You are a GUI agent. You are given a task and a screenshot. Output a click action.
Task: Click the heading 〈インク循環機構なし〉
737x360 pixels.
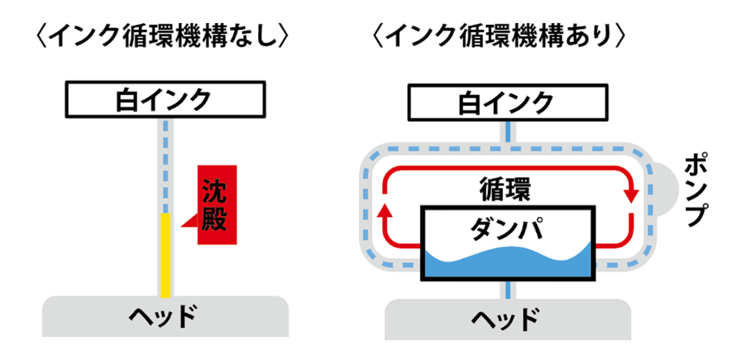(x=161, y=36)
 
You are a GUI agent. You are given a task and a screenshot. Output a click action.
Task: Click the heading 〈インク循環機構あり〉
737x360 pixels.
(x=506, y=36)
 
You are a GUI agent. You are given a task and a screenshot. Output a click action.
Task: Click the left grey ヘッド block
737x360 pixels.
(x=165, y=316)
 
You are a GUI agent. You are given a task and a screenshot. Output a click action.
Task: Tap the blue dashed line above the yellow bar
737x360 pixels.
(x=165, y=166)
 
